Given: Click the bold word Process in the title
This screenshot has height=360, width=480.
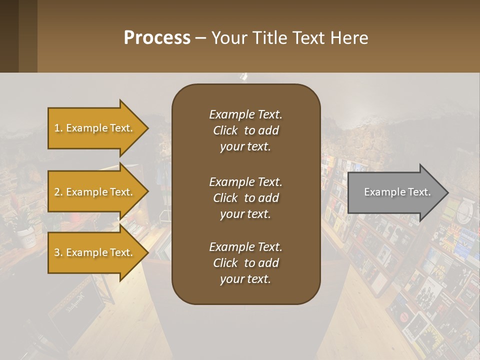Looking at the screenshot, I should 157,38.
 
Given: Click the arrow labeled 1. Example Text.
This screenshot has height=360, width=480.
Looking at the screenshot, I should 95,128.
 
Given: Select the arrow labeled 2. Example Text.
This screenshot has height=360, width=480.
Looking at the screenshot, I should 95,192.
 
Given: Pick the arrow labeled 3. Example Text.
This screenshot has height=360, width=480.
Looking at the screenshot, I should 95,252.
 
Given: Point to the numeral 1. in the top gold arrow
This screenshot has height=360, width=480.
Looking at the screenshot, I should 58,128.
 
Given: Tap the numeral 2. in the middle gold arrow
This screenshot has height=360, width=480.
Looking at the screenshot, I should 58,192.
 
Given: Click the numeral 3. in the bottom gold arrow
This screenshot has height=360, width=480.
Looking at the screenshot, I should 58,252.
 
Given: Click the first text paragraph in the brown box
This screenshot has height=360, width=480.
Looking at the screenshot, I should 245,130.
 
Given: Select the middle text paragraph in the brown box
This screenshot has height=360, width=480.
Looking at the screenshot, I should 245,198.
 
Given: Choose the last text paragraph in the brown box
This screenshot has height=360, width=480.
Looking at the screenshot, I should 245,263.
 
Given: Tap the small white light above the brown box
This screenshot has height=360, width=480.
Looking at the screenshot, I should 244,76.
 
